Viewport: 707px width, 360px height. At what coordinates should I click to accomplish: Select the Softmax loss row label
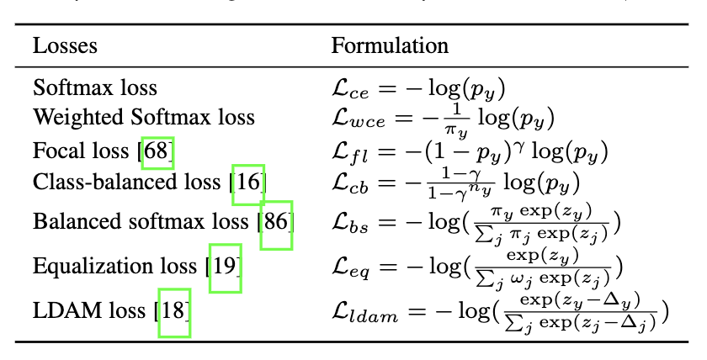[x=95, y=87]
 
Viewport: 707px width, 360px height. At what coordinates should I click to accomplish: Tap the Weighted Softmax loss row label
[x=143, y=116]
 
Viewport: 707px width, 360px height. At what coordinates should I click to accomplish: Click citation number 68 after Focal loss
[x=158, y=152]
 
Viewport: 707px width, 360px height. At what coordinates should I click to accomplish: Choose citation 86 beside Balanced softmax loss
[x=276, y=223]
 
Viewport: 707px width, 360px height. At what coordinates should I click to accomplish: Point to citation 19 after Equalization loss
[x=225, y=267]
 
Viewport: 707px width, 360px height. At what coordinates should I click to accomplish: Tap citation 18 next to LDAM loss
[x=174, y=311]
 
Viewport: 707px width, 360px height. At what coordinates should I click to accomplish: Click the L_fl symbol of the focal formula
[x=348, y=153]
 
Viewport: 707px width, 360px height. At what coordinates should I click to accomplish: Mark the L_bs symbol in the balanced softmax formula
[x=348, y=224]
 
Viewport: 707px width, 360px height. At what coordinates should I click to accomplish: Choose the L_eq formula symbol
[x=349, y=267]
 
